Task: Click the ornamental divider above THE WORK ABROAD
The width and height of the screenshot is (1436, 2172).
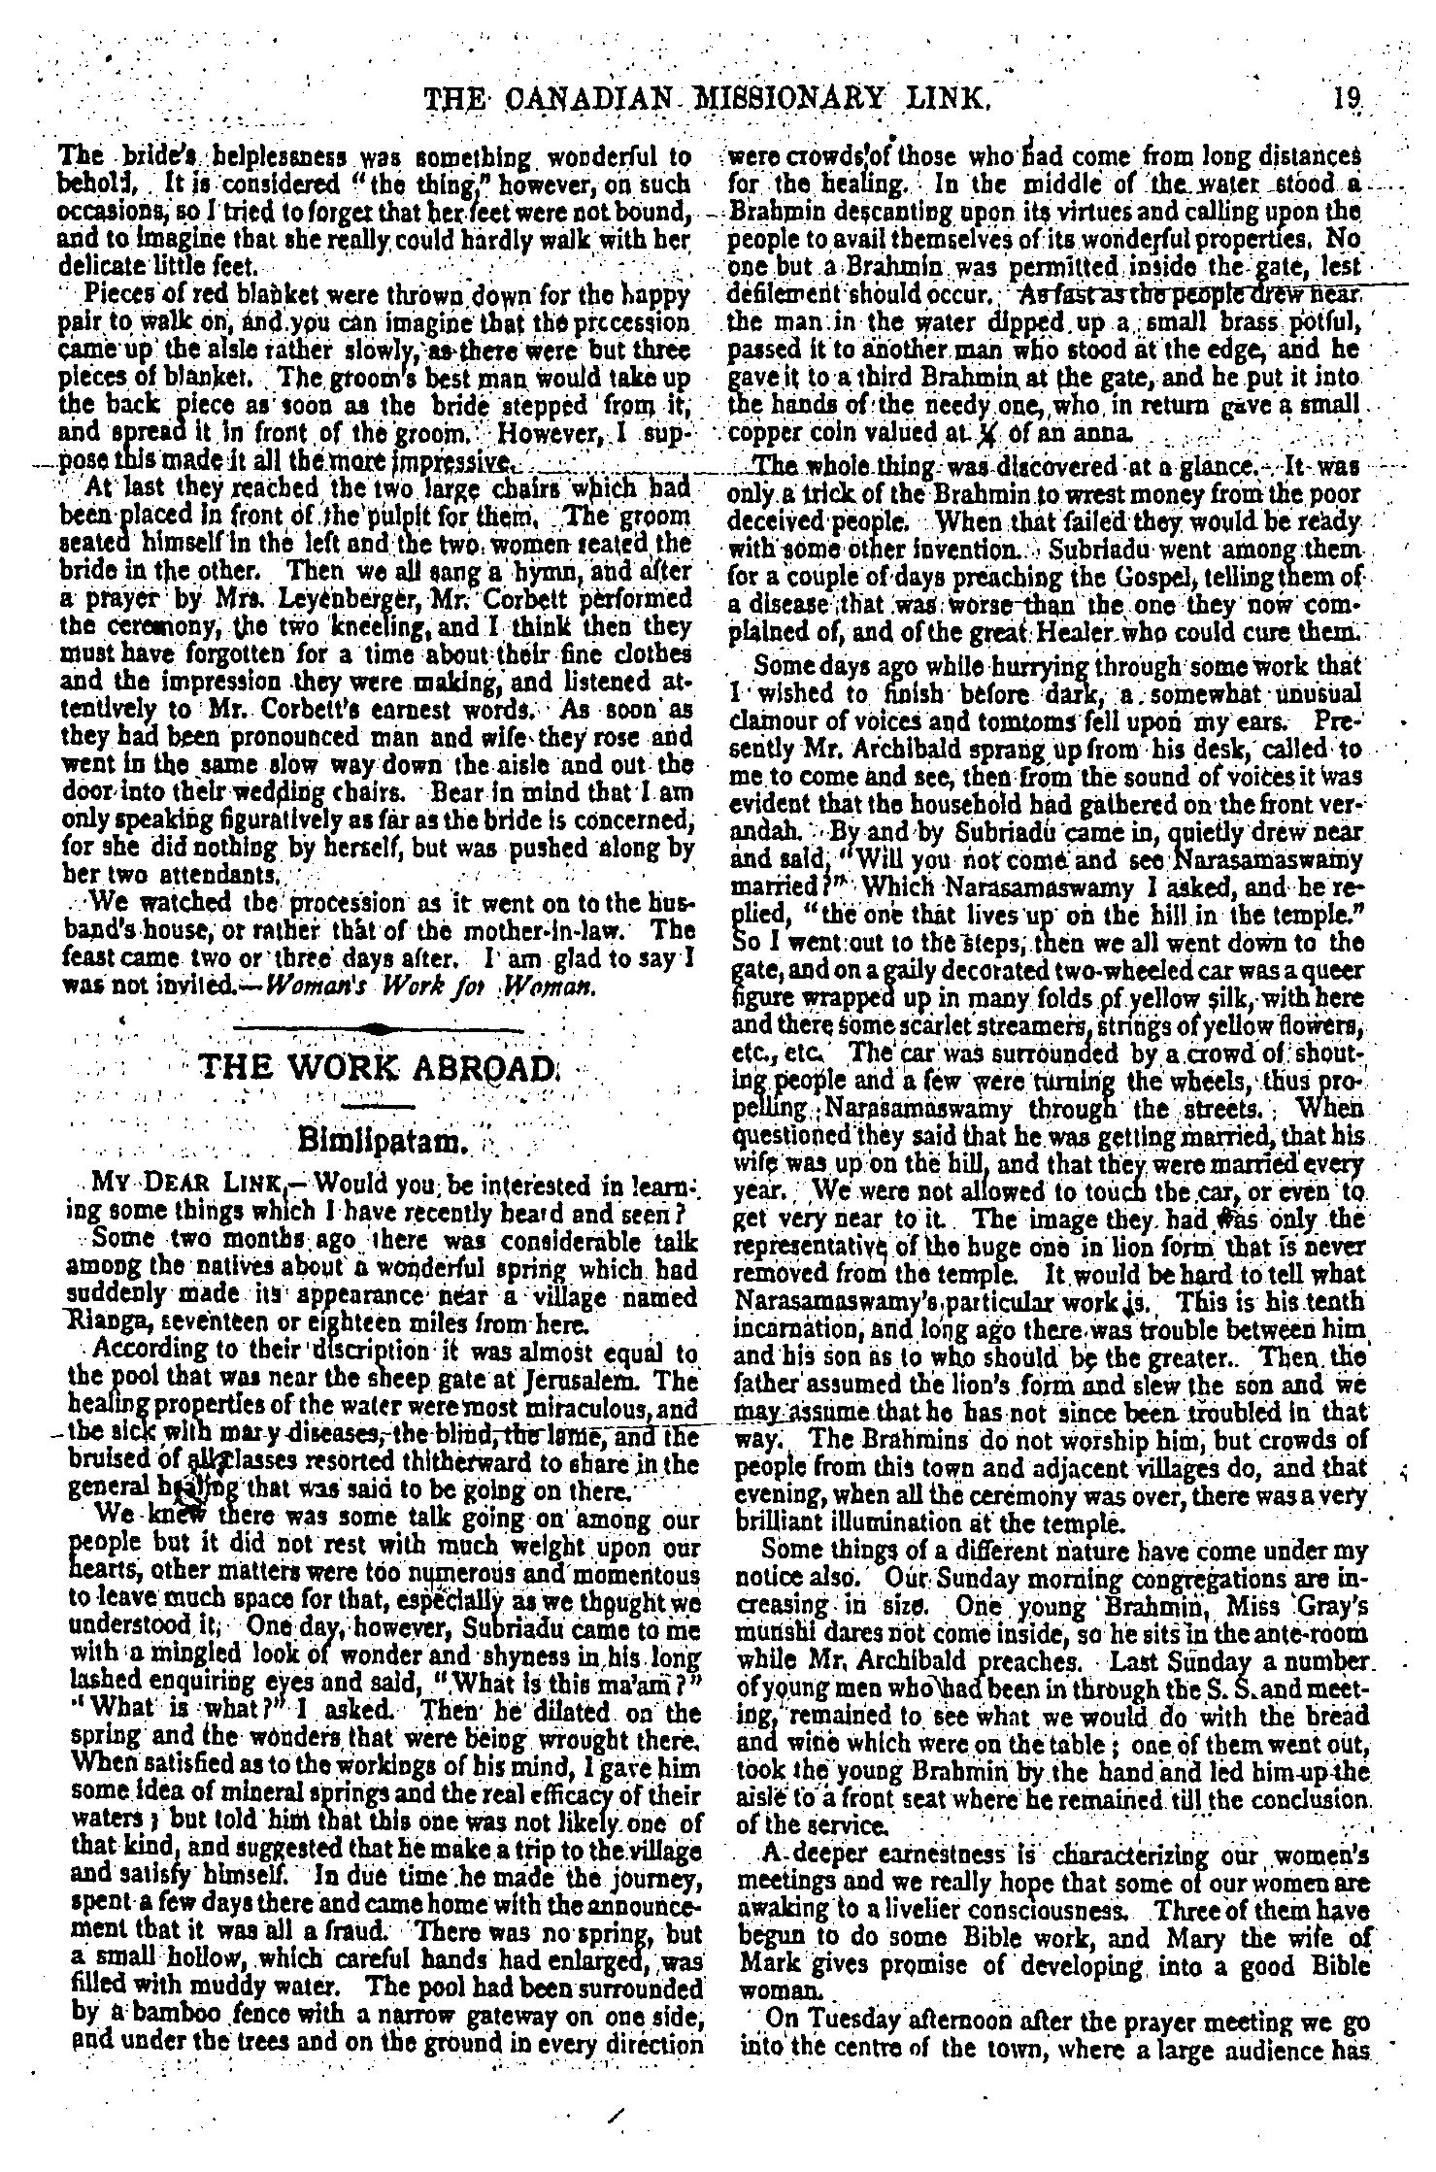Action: [379, 1027]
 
